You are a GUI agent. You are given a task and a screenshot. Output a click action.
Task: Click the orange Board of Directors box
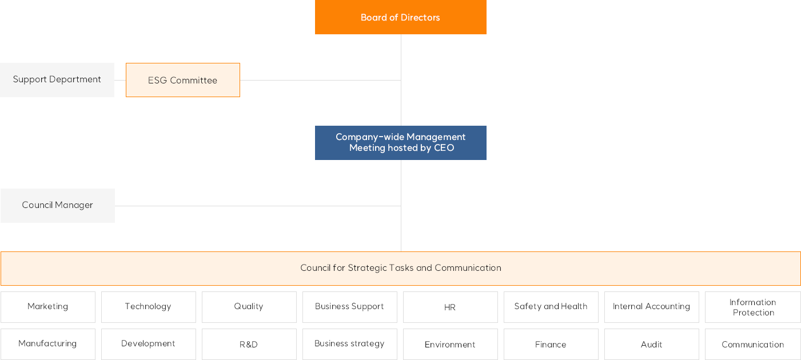tap(400, 17)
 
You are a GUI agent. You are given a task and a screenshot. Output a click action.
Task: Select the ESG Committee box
tap(183, 80)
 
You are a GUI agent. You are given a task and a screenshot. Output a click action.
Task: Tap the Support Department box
tap(57, 80)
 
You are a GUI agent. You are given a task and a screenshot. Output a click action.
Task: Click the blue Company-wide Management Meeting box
tap(400, 143)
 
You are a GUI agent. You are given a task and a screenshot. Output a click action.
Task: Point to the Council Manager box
tap(58, 206)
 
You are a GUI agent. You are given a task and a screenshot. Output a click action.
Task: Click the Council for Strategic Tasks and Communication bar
tap(400, 269)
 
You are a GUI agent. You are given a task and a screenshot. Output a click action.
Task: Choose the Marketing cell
tap(48, 307)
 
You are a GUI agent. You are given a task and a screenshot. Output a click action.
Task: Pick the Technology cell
tap(149, 307)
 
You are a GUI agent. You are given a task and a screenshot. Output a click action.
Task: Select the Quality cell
tap(249, 307)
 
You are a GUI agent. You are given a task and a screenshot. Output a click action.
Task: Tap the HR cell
tap(450, 307)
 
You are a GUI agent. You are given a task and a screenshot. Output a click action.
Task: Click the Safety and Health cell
tap(551, 307)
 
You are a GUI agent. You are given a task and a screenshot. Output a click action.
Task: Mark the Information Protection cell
tap(752, 307)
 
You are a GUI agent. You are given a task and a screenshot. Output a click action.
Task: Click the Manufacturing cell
tap(48, 344)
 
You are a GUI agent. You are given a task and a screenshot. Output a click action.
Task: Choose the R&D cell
tap(249, 344)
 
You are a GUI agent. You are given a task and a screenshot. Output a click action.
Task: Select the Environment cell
tap(450, 344)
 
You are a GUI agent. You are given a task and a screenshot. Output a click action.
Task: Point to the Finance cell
tap(551, 344)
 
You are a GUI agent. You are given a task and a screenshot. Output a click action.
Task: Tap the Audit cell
tap(652, 344)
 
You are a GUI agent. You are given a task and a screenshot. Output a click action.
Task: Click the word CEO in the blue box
tap(444, 148)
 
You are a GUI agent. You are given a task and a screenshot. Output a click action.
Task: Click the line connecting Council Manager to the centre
tap(258, 206)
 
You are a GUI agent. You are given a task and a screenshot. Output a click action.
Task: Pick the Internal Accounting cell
tap(652, 307)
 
